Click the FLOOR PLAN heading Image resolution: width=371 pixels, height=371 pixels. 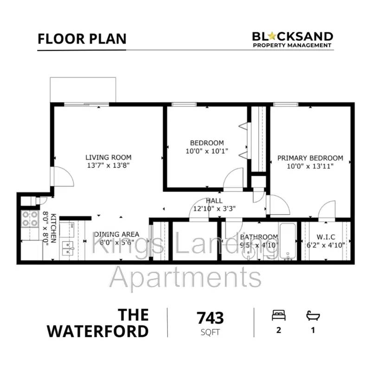[82, 39]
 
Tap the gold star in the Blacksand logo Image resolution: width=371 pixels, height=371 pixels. [273, 36]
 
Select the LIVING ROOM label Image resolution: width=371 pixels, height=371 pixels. [109, 157]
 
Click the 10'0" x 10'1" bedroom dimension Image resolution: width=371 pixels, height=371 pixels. [207, 151]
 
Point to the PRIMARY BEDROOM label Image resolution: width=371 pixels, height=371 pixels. [310, 158]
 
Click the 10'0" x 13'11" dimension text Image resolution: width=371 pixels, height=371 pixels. [310, 166]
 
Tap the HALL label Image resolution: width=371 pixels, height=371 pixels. [214, 201]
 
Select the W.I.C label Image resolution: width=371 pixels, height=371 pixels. [326, 237]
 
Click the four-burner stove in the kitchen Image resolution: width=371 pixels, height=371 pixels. [30, 218]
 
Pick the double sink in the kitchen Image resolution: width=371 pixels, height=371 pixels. [68, 248]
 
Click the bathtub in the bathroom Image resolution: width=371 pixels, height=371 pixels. [288, 241]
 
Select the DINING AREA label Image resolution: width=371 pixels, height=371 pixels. [117, 235]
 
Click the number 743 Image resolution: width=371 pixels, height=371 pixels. [210, 318]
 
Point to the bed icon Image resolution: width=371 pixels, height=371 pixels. [279, 315]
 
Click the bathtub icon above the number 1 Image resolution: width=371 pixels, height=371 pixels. [313, 316]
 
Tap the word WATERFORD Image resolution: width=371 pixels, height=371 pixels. [98, 331]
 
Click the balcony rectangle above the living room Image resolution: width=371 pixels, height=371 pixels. [83, 90]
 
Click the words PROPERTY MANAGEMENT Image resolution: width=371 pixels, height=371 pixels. [292, 45]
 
